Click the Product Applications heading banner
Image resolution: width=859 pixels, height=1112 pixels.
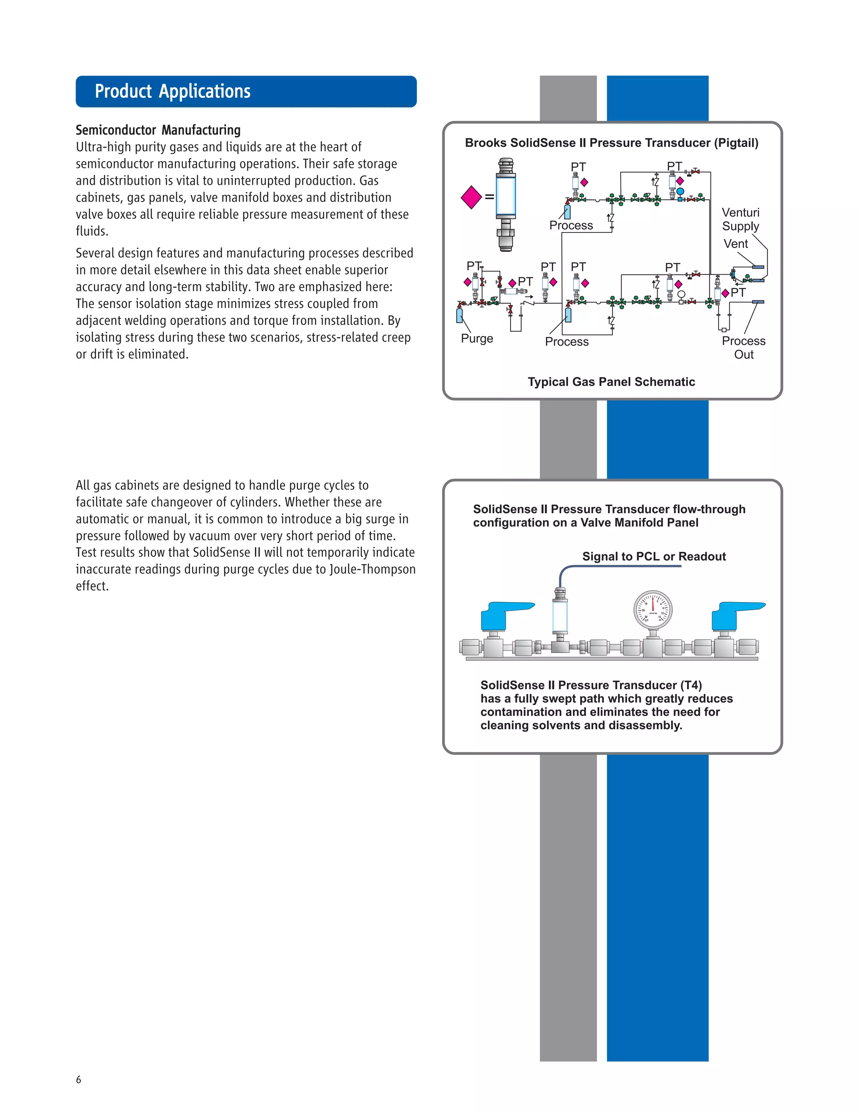(x=246, y=91)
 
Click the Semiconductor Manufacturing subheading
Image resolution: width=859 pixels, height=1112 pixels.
(x=158, y=131)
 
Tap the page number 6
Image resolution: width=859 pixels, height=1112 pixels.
(x=78, y=1079)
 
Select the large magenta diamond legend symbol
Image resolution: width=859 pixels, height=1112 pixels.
(x=471, y=197)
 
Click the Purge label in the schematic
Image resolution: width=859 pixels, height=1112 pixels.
(x=477, y=339)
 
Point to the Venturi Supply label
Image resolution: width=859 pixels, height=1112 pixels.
(x=740, y=219)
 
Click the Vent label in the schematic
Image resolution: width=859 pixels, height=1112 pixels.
(x=736, y=244)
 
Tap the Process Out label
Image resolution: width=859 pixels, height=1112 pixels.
(x=744, y=348)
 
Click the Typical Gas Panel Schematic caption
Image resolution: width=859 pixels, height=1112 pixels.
(x=611, y=382)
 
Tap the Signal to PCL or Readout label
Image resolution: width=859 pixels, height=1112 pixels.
(x=654, y=556)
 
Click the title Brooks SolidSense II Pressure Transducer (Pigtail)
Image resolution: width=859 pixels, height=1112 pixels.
(x=611, y=143)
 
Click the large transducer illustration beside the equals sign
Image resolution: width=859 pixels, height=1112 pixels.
(x=505, y=204)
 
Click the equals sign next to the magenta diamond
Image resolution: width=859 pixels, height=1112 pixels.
(x=489, y=197)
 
